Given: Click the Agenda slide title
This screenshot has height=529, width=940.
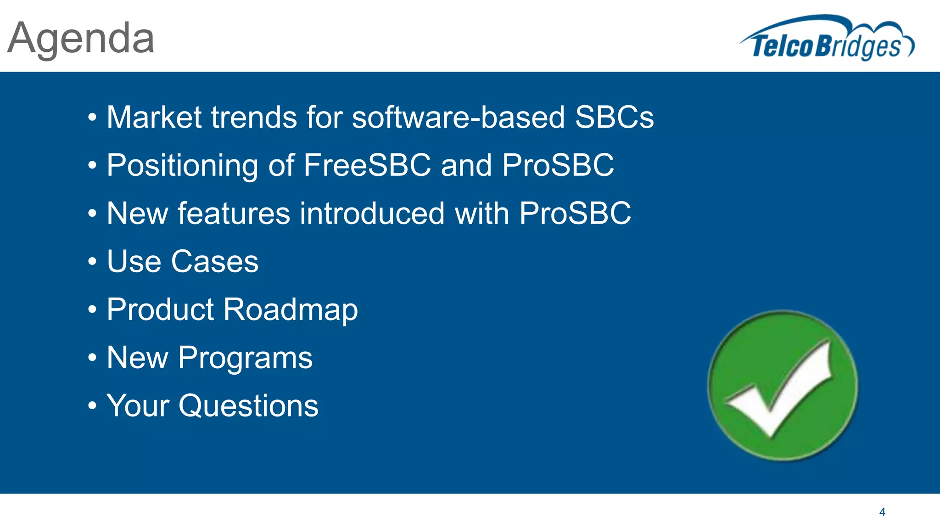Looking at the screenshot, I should (x=81, y=39).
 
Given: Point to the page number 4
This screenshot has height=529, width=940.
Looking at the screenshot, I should (x=882, y=512).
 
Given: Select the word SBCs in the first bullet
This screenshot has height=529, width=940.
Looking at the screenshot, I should (x=614, y=117).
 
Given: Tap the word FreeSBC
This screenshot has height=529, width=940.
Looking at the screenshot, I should (x=367, y=165).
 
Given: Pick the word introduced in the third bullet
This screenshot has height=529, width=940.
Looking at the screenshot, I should (x=372, y=213).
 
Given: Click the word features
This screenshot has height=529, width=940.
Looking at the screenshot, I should (x=234, y=213).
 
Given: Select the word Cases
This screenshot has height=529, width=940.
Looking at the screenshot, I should (x=215, y=261).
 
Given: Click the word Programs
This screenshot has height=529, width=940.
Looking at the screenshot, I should (x=245, y=358).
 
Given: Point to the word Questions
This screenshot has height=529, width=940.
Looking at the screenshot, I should (x=248, y=406).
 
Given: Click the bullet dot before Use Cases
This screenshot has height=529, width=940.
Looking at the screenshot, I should (x=92, y=262).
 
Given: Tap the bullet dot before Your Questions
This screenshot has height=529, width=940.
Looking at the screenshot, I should (x=92, y=406).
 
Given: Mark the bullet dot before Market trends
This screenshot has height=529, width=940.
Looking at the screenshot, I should (x=92, y=118).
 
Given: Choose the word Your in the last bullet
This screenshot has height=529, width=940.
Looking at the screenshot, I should (x=138, y=405).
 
